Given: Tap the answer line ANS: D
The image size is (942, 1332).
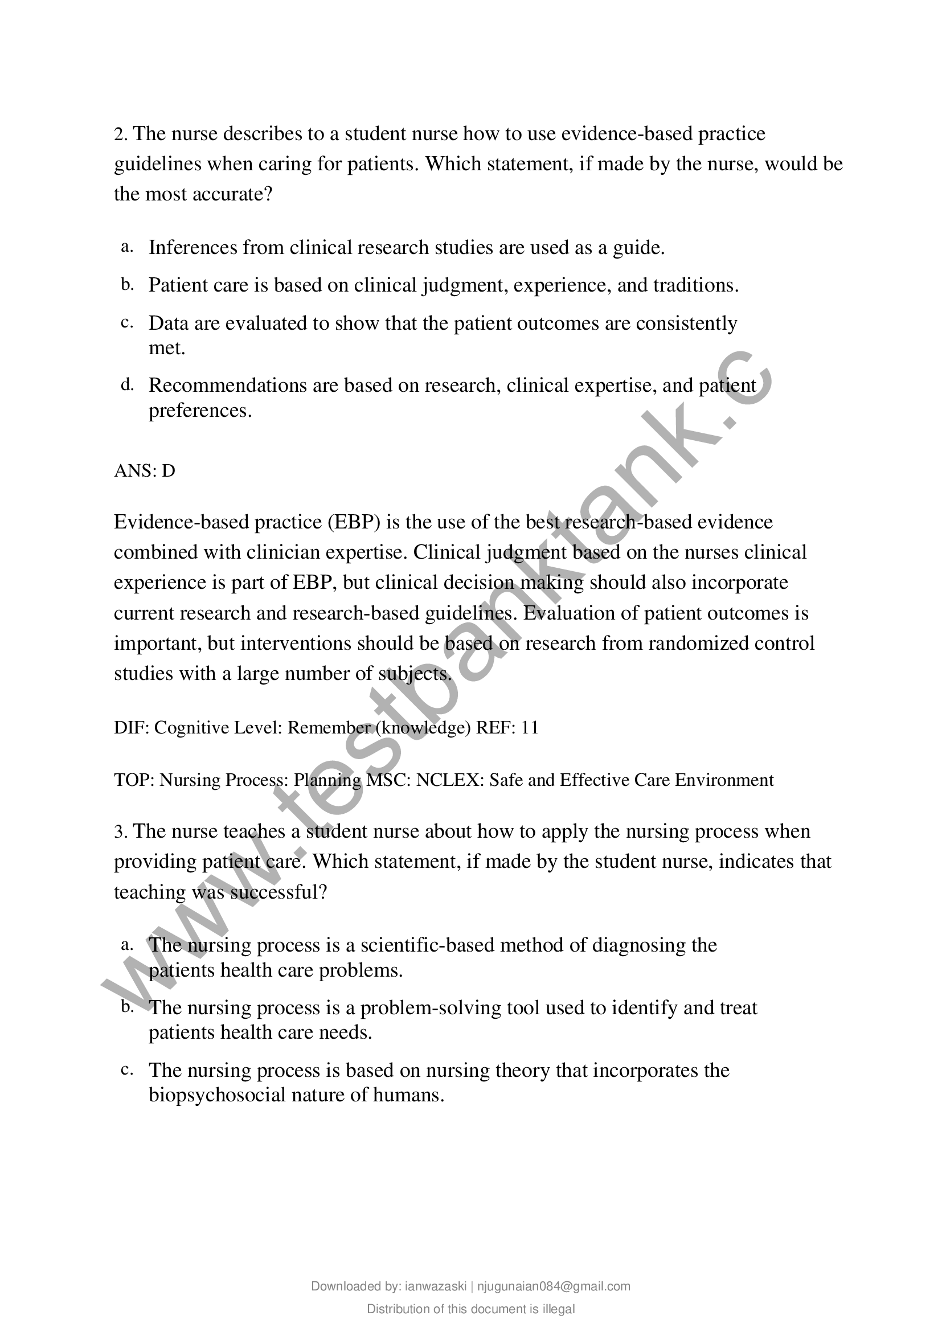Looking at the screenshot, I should tap(145, 470).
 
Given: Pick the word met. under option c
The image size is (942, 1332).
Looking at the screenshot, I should tap(166, 348).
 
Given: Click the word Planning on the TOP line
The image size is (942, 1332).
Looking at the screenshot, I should tap(327, 780).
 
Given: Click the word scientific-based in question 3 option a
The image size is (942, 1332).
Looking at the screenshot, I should tap(427, 945).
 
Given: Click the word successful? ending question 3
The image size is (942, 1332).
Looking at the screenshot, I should tap(278, 892).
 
